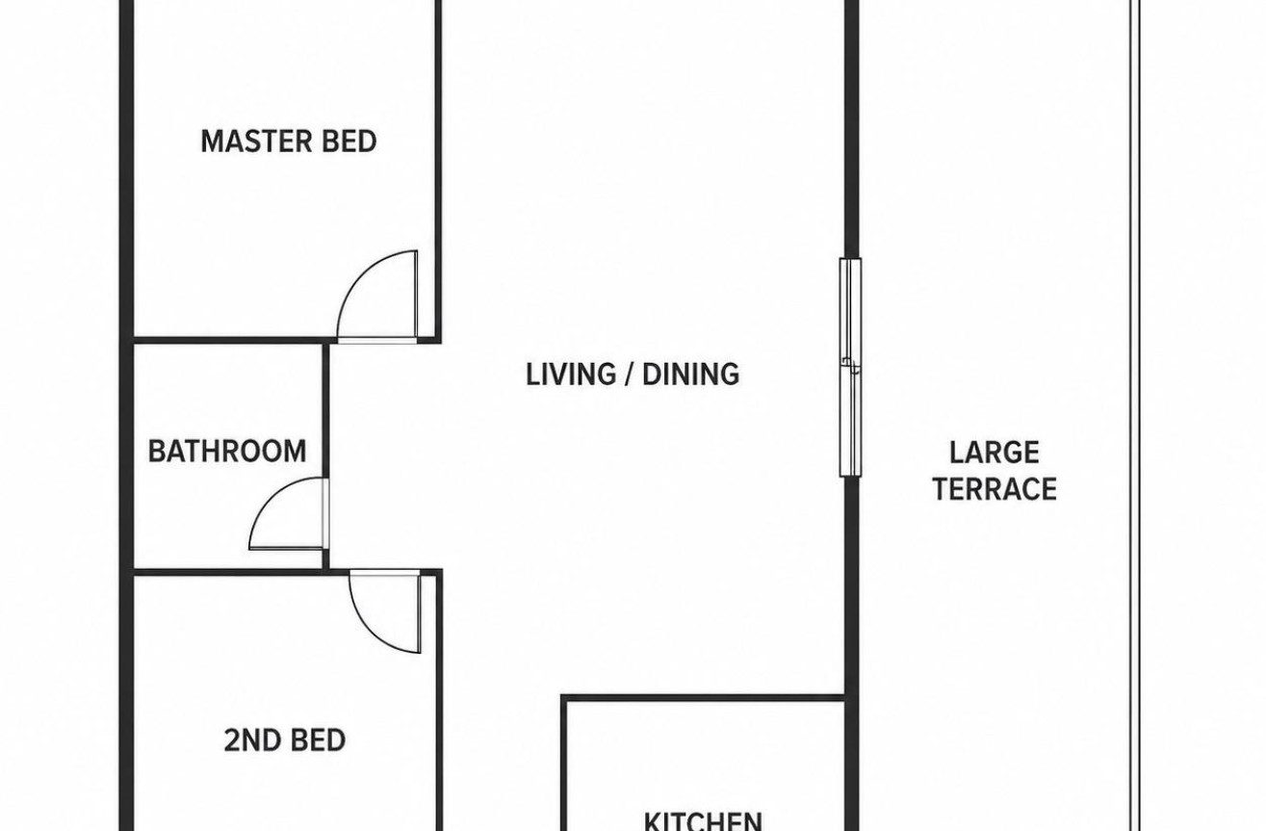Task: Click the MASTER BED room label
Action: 288,142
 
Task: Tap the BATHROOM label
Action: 227,451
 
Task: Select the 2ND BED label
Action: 285,740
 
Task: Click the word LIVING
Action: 571,375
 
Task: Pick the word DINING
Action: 690,375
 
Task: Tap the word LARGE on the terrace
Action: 995,453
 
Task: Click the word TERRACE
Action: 995,489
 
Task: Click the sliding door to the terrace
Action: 851,368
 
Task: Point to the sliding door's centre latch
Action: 851,365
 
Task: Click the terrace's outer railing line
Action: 1135,416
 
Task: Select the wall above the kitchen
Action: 703,698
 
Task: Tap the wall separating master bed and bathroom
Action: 228,340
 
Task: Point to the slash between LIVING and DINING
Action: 630,375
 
